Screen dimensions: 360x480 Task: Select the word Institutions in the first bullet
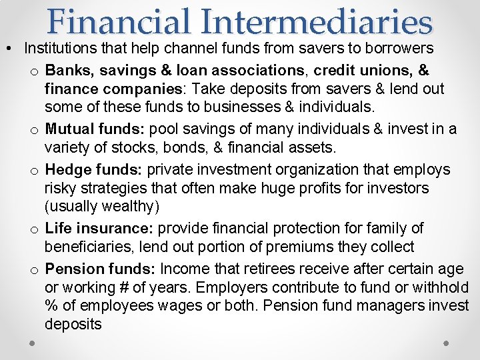pos(61,49)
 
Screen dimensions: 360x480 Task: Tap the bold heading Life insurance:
pos(99,228)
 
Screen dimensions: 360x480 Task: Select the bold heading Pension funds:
pos(100,269)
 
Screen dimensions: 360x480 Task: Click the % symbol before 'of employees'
pos(51,306)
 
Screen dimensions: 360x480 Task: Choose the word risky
pos(61,189)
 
